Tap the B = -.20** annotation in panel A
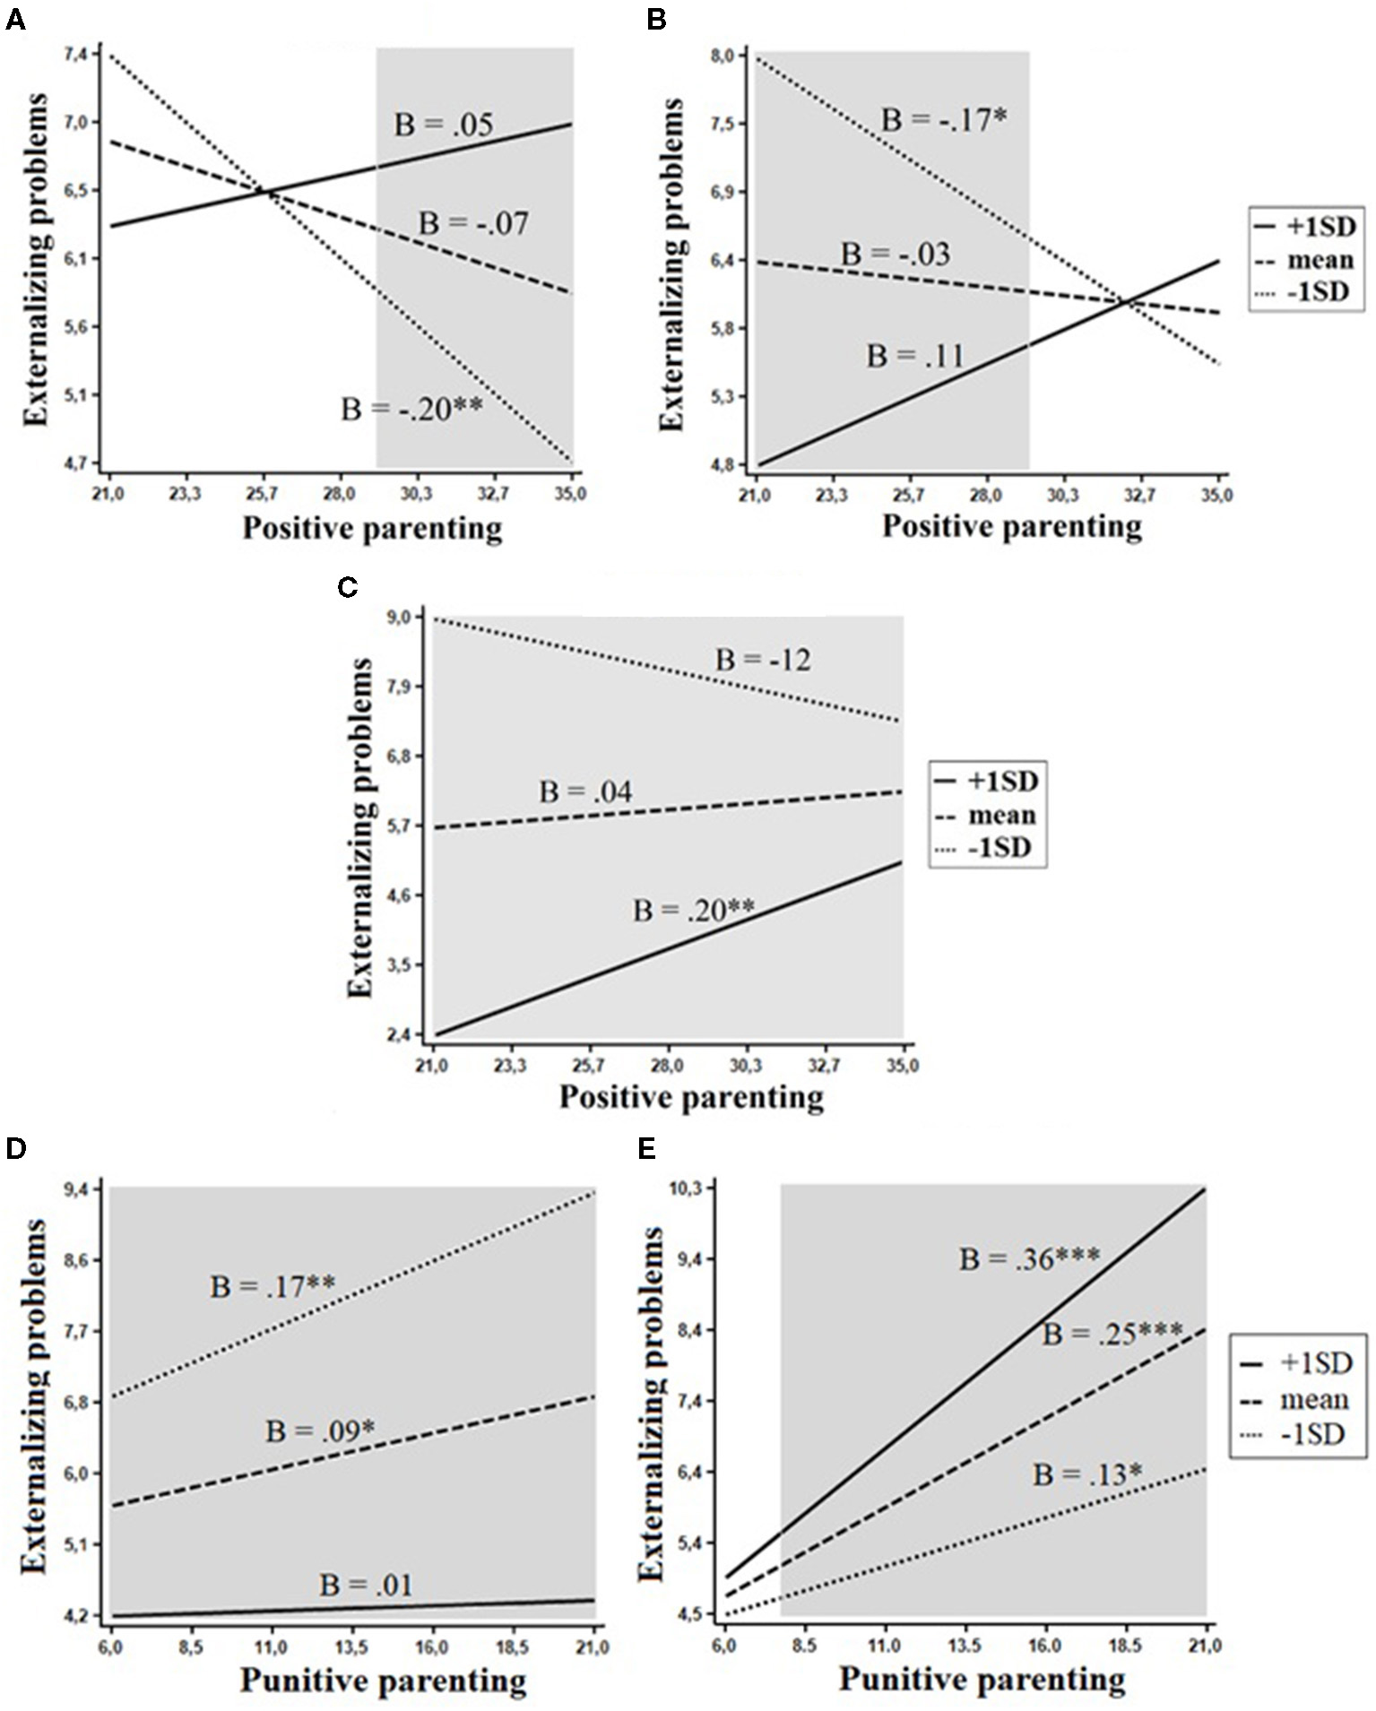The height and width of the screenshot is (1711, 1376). click(411, 410)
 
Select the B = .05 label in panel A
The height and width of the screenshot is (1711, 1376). click(444, 125)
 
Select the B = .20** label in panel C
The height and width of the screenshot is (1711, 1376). click(694, 911)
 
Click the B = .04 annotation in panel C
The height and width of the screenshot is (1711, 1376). click(585, 792)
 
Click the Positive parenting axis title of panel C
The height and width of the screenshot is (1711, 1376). click(691, 1097)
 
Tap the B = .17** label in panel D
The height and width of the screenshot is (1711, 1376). click(273, 1287)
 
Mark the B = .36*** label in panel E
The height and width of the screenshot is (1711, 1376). click(1029, 1258)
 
